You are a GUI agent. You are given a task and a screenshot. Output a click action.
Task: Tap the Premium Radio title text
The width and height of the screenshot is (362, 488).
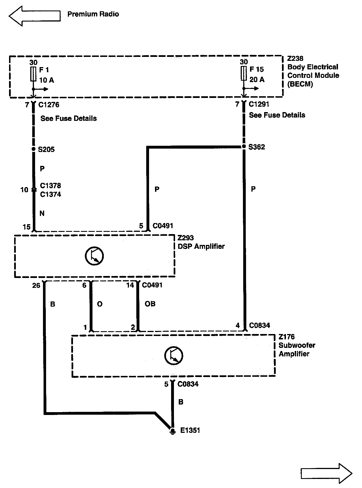(93, 14)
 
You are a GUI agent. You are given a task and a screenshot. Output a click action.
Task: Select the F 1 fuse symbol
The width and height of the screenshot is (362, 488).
(33, 74)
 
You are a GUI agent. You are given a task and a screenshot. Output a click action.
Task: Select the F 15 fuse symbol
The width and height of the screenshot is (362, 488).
(244, 74)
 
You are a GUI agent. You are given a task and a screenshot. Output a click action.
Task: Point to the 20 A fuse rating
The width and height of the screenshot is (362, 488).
(257, 80)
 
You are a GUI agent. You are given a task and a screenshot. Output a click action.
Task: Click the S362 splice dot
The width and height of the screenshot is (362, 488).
(244, 147)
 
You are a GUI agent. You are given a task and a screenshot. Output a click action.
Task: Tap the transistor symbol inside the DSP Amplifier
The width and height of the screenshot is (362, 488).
(94, 256)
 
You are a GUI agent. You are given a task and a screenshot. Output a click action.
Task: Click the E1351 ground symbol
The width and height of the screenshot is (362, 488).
(172, 431)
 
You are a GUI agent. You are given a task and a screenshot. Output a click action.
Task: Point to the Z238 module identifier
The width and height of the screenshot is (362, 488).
(295, 59)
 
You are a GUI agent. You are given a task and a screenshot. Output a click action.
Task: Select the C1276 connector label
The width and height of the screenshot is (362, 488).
(49, 105)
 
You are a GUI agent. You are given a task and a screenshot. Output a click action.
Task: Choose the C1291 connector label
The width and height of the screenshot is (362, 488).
(259, 104)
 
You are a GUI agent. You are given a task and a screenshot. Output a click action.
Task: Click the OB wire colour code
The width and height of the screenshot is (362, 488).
(150, 304)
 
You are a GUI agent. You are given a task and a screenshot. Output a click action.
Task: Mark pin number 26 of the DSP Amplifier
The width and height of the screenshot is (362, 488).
(36, 285)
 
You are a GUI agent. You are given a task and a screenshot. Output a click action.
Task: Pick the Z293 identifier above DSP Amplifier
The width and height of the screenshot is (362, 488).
(186, 238)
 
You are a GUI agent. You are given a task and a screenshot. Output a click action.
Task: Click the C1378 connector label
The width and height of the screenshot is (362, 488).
(50, 186)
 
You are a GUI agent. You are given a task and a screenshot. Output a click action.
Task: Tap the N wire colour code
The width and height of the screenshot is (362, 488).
(42, 213)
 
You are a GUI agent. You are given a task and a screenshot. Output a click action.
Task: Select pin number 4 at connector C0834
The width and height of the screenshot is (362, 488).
(238, 326)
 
